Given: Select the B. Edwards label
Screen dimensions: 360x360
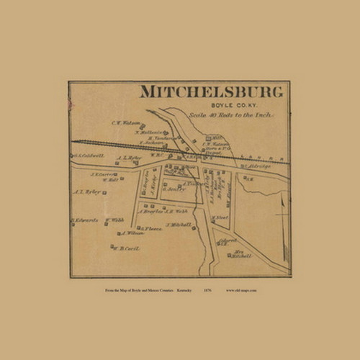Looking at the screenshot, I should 84,220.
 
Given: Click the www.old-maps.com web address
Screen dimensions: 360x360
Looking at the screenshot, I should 241,290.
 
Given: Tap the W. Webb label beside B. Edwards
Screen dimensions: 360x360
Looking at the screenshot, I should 114,220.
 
